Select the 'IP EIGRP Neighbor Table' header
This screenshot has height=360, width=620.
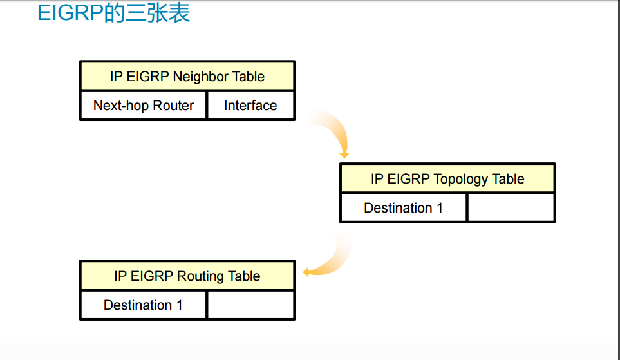click(187, 76)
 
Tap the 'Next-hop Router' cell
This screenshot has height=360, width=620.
click(144, 106)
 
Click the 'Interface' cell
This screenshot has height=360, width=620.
click(250, 106)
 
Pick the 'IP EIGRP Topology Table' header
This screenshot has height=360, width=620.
click(447, 178)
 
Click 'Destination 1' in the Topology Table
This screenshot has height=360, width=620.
click(403, 208)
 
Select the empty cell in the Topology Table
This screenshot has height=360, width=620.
click(511, 208)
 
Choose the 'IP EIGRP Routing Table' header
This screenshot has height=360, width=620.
click(187, 276)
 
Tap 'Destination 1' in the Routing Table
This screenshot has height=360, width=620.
click(143, 305)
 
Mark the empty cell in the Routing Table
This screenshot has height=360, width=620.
click(250, 305)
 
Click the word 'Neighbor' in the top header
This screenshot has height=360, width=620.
click(200, 76)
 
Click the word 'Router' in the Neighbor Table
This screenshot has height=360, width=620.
click(173, 106)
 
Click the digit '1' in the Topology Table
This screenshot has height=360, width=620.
click(440, 208)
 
